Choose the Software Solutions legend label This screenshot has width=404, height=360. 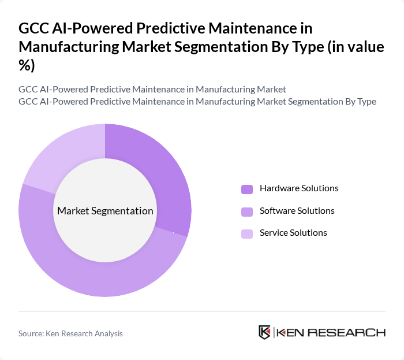(297, 211)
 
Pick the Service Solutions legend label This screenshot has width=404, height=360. (293, 233)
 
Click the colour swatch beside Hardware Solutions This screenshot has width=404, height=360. (247, 189)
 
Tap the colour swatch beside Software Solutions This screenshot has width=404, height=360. (247, 211)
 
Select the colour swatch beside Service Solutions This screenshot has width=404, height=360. (247, 233)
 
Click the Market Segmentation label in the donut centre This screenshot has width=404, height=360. (105, 211)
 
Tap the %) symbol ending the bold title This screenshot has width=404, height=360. (27, 66)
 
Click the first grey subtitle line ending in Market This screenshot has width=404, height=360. (152, 89)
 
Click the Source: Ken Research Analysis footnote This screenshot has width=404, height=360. (70, 333)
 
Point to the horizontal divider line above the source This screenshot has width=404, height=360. (202, 311)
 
